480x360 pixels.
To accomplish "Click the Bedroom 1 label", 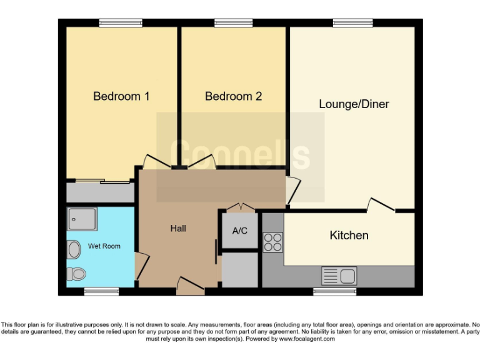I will pos(121,96).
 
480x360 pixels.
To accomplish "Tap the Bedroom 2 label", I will pos(233,96).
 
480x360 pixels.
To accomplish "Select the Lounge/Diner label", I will pos(354,104).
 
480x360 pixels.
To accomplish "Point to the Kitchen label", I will pos(349,235).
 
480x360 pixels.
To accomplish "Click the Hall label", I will pos(178,228).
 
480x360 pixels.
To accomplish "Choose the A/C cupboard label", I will pos(240,231).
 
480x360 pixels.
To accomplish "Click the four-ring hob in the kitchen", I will pos(273,242).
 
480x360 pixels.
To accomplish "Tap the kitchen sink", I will pos(338,275).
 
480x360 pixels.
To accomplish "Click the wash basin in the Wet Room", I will pos(74,250).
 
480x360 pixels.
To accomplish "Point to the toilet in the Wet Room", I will pos(77,273).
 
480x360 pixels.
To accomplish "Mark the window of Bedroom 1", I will pos(117,23).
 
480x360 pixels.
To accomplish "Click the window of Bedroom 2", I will pos(233,23).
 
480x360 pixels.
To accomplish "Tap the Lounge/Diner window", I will pos(353,23).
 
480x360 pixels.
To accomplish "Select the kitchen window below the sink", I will pos(330,291).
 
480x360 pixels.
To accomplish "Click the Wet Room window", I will pos(101,291).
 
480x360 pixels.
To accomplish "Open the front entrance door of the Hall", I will pos(190,287).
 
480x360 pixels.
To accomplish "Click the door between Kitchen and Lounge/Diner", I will pos(380,206).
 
